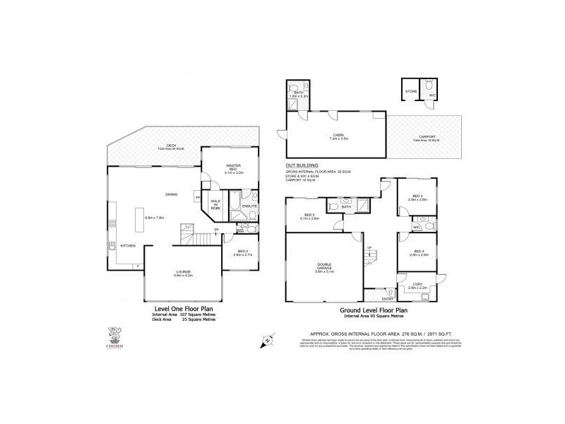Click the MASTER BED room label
click(234, 166)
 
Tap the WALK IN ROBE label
click(215, 205)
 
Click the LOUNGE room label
click(184, 272)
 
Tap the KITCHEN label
click(128, 245)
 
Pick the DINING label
click(171, 194)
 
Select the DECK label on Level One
click(150, 146)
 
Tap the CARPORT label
click(427, 136)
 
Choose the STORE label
click(411, 91)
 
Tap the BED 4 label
click(418, 252)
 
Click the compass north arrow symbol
click(267, 341)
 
